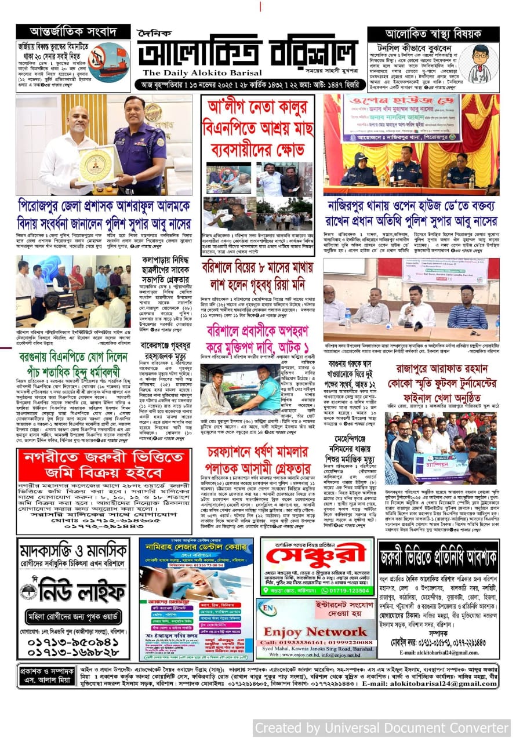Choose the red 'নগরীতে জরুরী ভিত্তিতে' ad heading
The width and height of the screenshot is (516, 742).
[x=104, y=464]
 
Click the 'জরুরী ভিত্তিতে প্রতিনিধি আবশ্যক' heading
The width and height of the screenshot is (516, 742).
[x=438, y=558]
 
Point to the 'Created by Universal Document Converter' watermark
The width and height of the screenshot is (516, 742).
[x=382, y=728]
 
